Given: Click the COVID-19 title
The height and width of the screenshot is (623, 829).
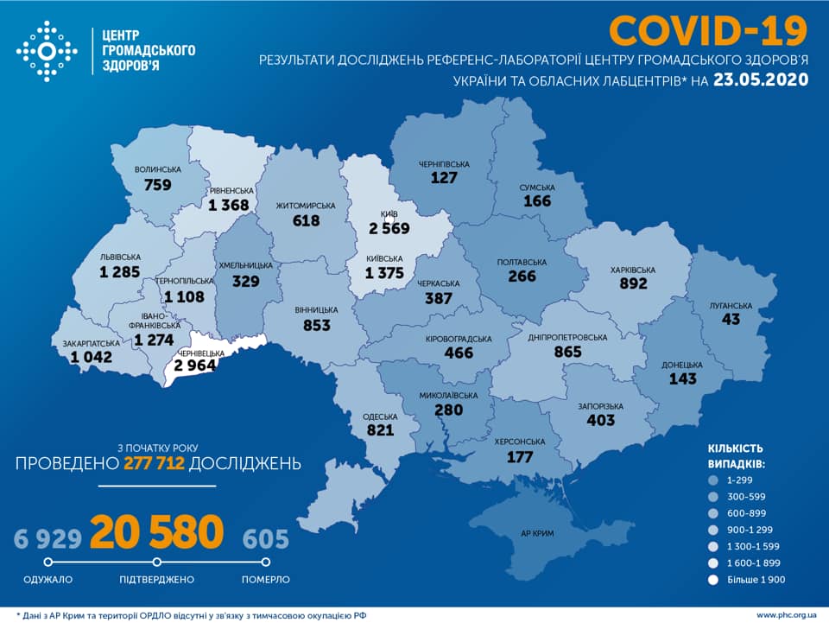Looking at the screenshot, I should coord(707,30).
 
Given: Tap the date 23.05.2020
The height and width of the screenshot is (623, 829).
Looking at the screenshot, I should coord(761,80).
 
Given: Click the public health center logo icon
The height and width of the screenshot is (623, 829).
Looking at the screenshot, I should coord(47,51).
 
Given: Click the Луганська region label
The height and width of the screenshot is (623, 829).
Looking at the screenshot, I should coord(732,305).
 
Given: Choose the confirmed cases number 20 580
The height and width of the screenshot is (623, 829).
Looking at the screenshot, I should coord(156,534).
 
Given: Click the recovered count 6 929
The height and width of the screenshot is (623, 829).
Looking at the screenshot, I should coord(47,539).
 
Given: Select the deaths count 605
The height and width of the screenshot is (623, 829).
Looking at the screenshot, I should coord(265,539).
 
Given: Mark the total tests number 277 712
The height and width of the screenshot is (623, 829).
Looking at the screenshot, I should coord(155,464).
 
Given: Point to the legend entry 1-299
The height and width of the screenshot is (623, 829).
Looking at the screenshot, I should coord(739,480).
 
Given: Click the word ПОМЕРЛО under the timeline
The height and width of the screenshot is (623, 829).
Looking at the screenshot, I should coord(266,579).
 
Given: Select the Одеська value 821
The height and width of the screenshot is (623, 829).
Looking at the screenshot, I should coord(380,429).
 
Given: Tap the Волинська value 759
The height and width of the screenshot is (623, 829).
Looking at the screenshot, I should coord(158,184).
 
